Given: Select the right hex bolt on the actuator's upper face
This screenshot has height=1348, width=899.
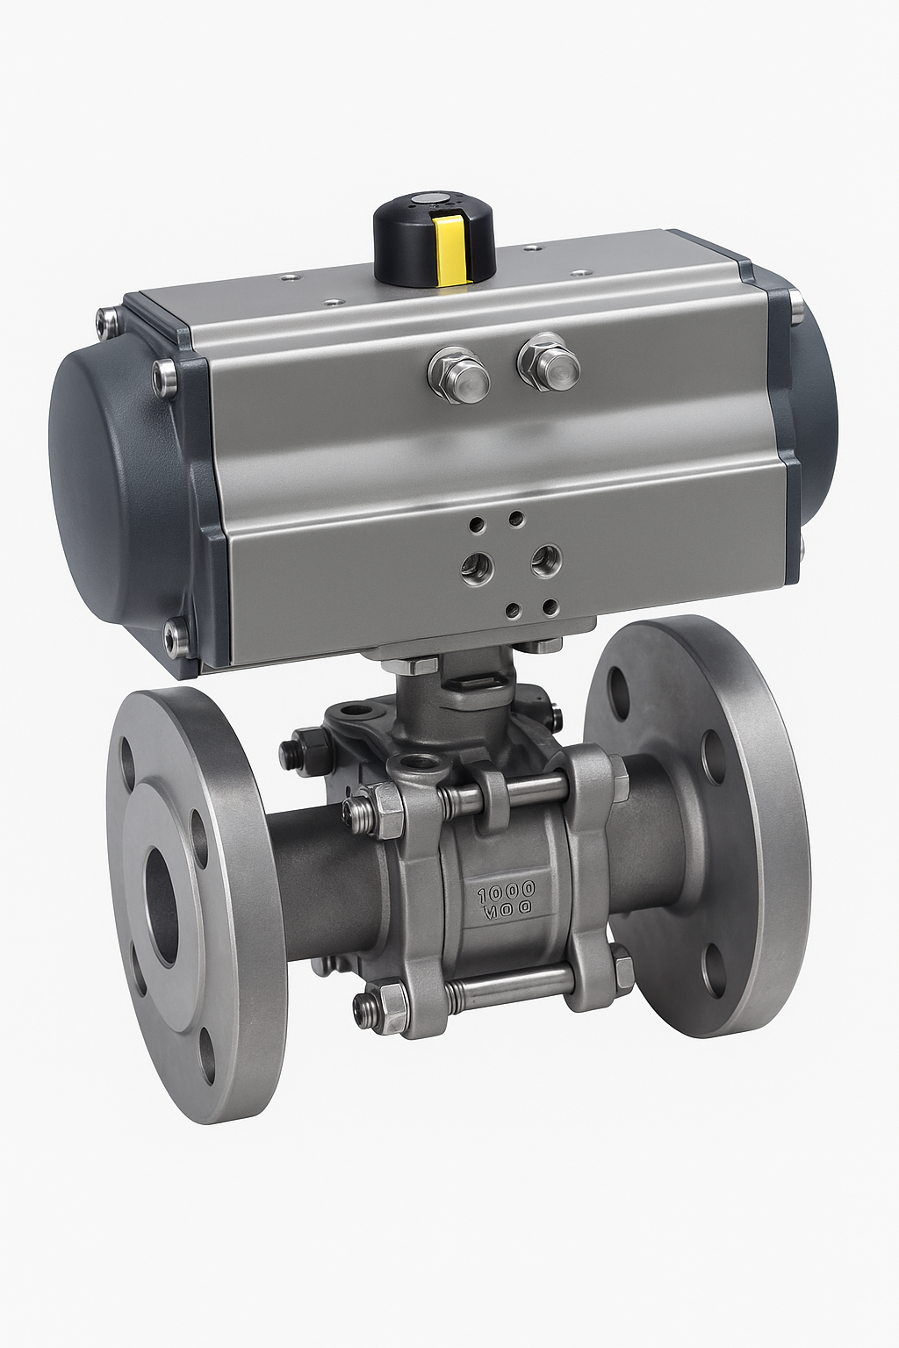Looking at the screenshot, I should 550,362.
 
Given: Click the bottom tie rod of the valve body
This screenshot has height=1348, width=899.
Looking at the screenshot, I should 509,986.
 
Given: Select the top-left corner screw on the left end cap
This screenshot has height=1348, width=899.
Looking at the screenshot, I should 109,320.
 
